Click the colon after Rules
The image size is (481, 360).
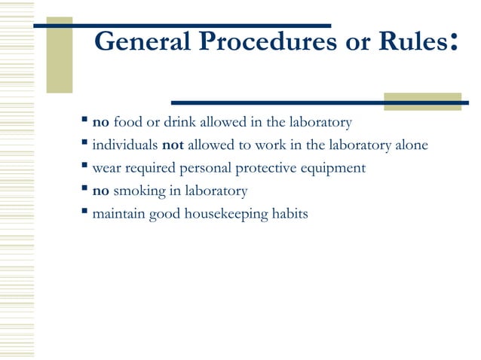pos(453,43)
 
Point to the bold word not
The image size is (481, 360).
pos(173,145)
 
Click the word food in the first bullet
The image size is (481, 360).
pos(127,122)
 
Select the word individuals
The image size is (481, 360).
pos(124,145)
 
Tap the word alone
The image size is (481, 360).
pos(412,145)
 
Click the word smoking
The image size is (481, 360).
pos(139,191)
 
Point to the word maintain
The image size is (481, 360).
pos(118,214)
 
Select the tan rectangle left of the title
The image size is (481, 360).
pos(60,54)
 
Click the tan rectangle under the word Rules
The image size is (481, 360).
pos(412,102)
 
